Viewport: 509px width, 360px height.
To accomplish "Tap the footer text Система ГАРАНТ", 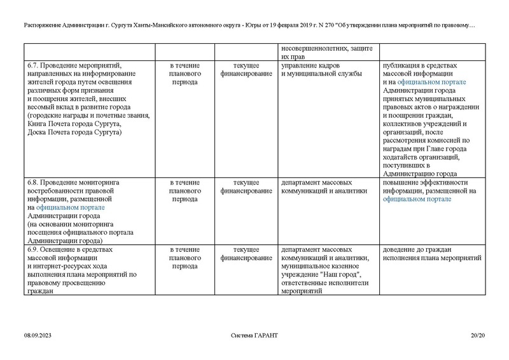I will [x=254, y=335].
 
